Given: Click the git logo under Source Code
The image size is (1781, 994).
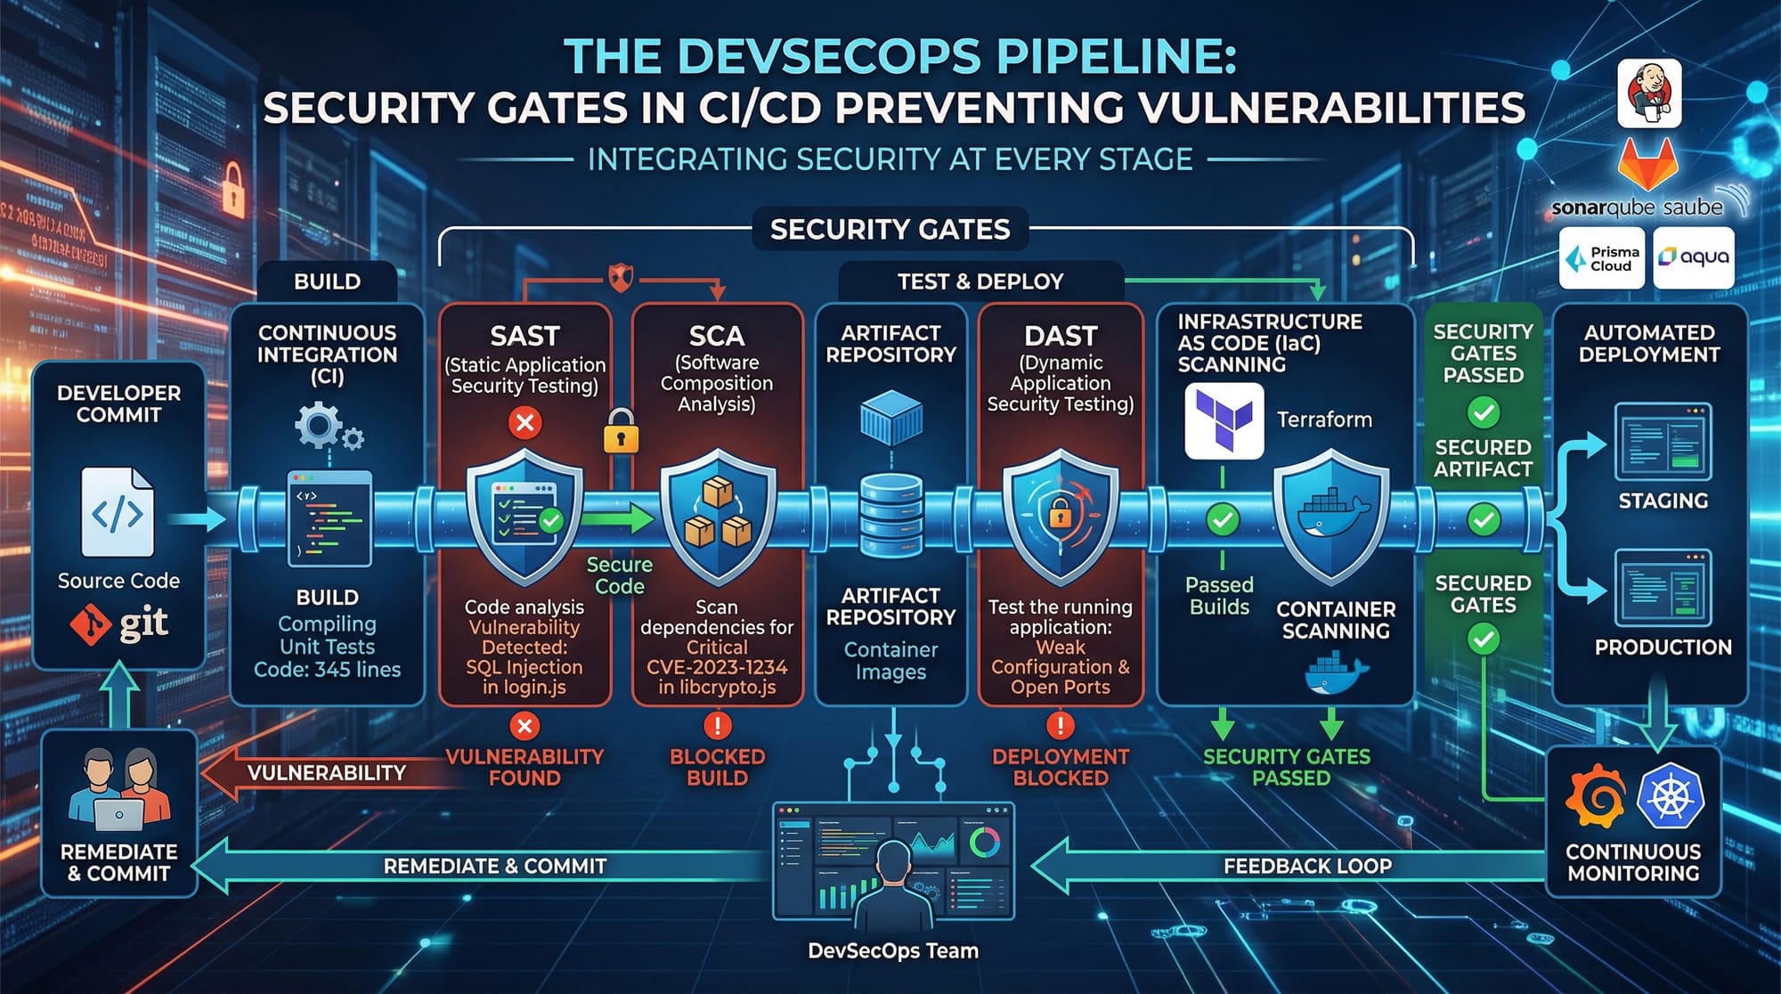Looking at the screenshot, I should click(119, 623).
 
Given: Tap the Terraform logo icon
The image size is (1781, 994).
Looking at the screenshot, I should click(1224, 420).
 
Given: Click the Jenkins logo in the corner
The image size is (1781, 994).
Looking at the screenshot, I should click(1649, 94).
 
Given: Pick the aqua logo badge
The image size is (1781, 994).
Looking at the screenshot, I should click(1693, 257).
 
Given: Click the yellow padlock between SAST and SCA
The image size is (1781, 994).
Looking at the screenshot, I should click(621, 432).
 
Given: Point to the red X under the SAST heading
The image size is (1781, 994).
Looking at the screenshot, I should click(525, 421).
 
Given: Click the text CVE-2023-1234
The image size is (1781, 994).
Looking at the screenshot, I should click(717, 667).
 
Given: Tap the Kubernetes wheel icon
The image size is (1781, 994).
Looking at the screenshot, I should click(1670, 795).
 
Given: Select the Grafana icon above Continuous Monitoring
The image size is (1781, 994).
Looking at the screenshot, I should click(1596, 794).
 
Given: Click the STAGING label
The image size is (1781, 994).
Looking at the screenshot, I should click(1663, 501).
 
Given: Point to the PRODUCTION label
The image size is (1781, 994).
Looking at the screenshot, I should click(1663, 648).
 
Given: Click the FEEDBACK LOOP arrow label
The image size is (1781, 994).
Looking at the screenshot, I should click(1307, 866).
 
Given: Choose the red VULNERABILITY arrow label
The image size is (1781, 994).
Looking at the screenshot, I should click(326, 773).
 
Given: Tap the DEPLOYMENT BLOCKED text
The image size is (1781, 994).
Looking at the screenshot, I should click(1060, 767).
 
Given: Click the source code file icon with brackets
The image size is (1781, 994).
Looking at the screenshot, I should click(118, 512).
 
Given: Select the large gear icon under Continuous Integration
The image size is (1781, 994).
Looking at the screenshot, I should click(317, 425).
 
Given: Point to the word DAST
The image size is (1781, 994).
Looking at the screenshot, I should click(1060, 336).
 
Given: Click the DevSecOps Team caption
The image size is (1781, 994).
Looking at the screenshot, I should click(892, 951).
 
